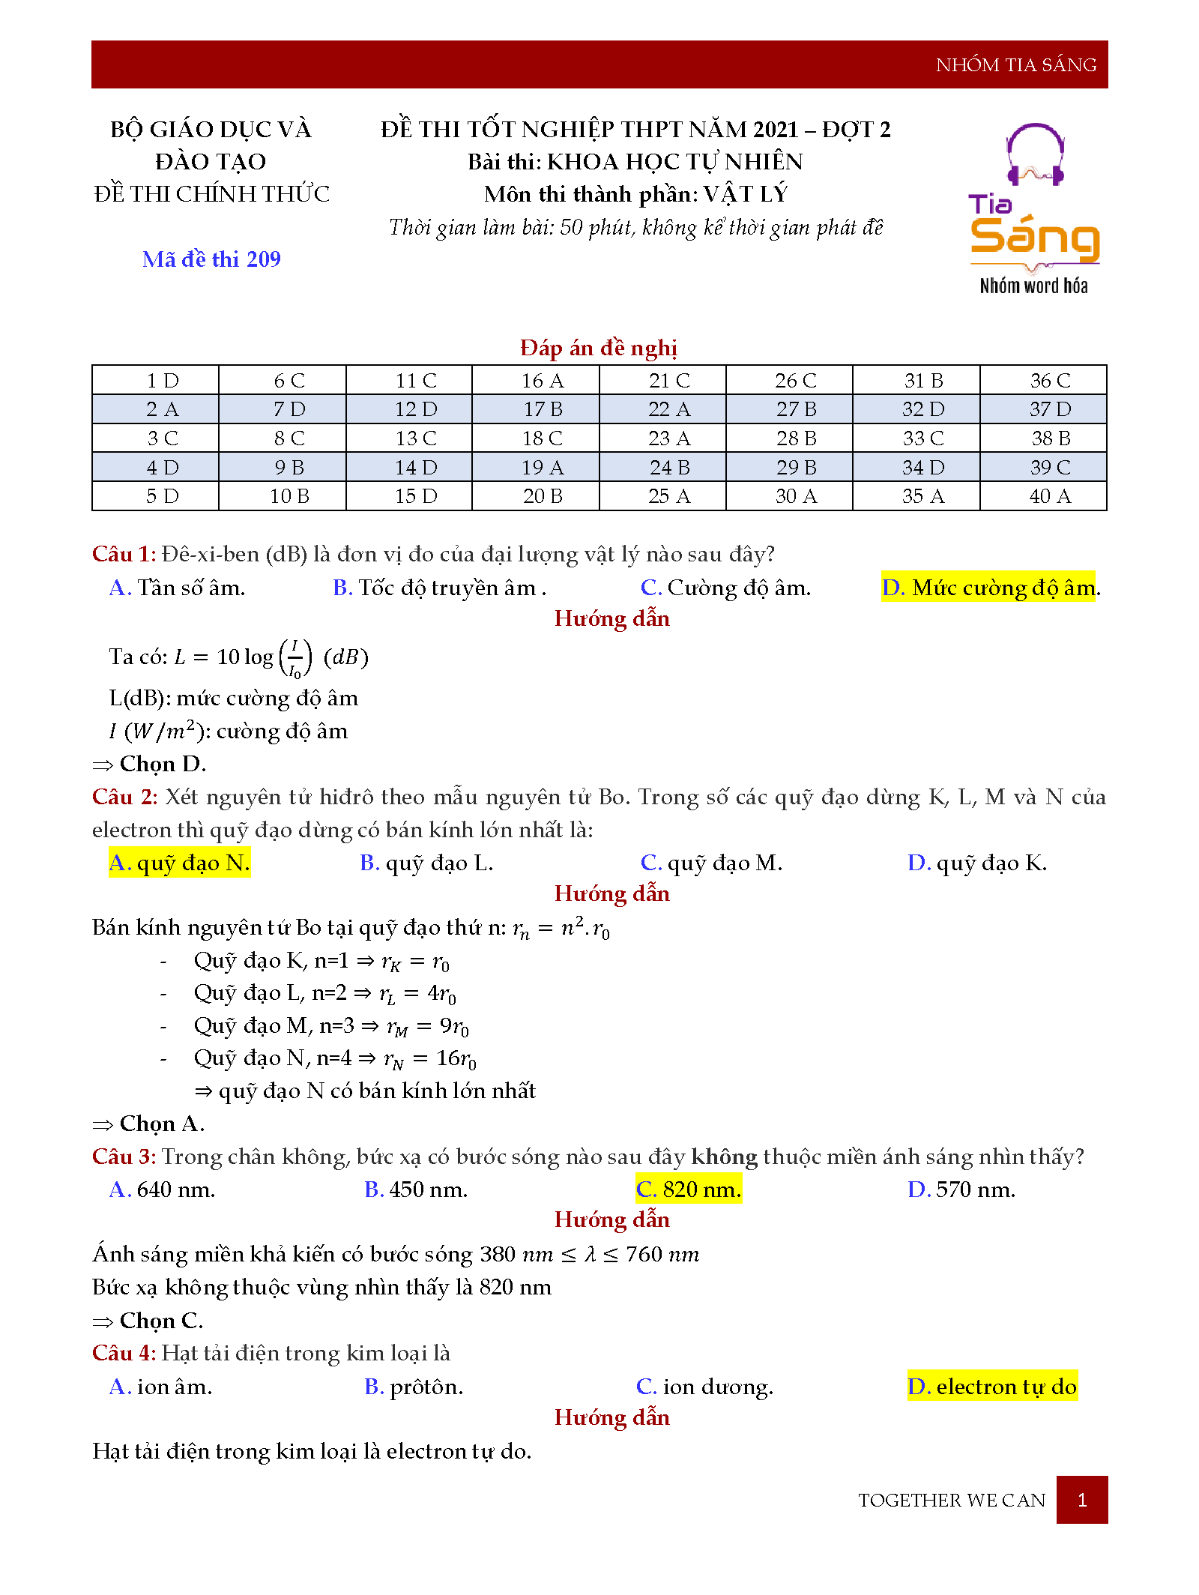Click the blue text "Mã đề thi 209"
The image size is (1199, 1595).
(x=211, y=259)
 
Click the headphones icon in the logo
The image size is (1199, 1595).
(x=1035, y=155)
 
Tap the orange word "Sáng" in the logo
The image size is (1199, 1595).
(x=1034, y=238)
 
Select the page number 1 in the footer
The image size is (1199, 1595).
(x=1081, y=1500)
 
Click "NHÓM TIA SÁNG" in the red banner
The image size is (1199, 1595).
(x=1015, y=65)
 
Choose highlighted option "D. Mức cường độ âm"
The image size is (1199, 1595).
(x=988, y=588)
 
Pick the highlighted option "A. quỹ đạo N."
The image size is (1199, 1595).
(x=179, y=863)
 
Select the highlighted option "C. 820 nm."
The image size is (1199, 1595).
(x=688, y=1190)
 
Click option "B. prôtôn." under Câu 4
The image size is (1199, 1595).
(x=414, y=1387)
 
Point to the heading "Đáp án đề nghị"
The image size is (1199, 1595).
(x=599, y=348)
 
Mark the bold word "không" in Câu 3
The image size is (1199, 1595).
(x=724, y=1157)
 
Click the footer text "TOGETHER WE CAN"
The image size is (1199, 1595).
(x=951, y=1500)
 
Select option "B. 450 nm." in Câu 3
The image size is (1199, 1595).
(x=416, y=1190)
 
